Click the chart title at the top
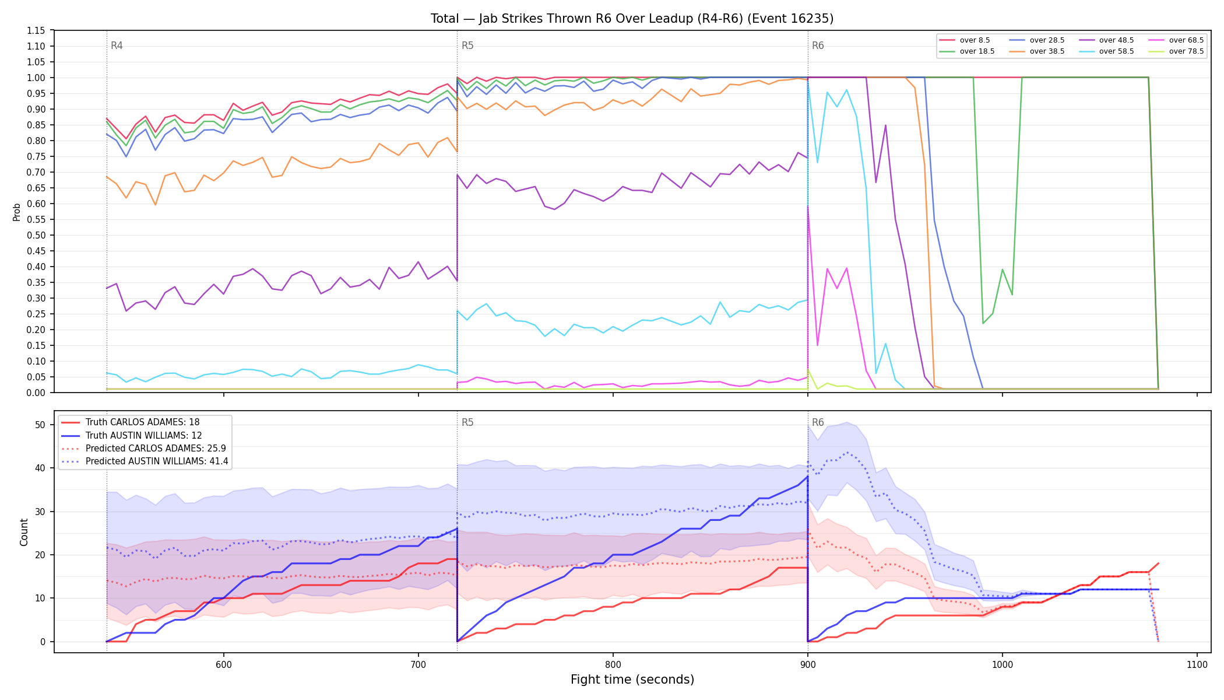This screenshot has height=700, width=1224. tap(632, 19)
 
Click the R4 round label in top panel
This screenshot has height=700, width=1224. tap(117, 45)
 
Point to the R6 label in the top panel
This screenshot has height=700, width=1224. tap(818, 45)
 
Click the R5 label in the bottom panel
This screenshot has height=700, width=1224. tap(467, 422)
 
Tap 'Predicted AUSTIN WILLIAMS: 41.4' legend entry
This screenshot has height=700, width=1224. tap(145, 461)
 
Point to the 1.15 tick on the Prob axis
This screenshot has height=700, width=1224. tap(36, 30)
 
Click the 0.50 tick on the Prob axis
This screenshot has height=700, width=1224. tap(36, 235)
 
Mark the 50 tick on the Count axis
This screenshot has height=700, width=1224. tap(40, 425)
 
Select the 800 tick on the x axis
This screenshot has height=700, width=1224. tap(613, 664)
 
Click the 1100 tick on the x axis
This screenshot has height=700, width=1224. tap(1197, 664)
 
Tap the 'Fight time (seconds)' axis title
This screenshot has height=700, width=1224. tap(632, 680)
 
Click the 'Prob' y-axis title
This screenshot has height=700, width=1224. tap(16, 212)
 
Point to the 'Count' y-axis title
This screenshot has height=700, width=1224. tap(24, 532)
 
